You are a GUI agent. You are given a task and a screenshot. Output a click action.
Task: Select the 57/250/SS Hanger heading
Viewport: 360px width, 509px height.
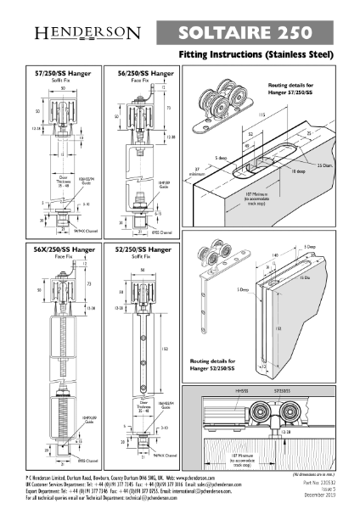[64, 74]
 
